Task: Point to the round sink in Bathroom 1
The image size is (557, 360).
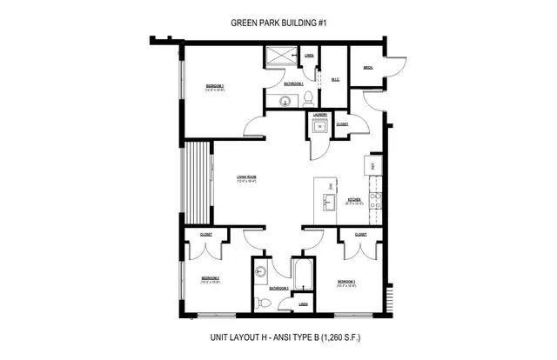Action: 285,102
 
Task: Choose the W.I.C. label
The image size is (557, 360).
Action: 334,80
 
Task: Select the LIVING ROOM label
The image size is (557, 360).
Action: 245,179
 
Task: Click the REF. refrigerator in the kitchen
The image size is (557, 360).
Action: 372,165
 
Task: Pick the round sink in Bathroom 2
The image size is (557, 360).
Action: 260,271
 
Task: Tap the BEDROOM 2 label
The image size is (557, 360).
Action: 210,279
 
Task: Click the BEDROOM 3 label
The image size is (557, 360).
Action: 347,282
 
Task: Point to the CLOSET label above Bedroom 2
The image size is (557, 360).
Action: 206,234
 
